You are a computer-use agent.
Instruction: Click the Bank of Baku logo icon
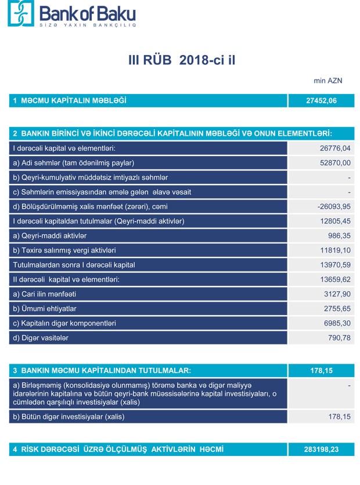(x=21, y=13)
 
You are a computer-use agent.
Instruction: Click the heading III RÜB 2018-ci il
(x=183, y=60)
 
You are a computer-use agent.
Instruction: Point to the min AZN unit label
(x=327, y=81)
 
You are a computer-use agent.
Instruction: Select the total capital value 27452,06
(x=321, y=101)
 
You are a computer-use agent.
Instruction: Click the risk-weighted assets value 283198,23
(x=321, y=450)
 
